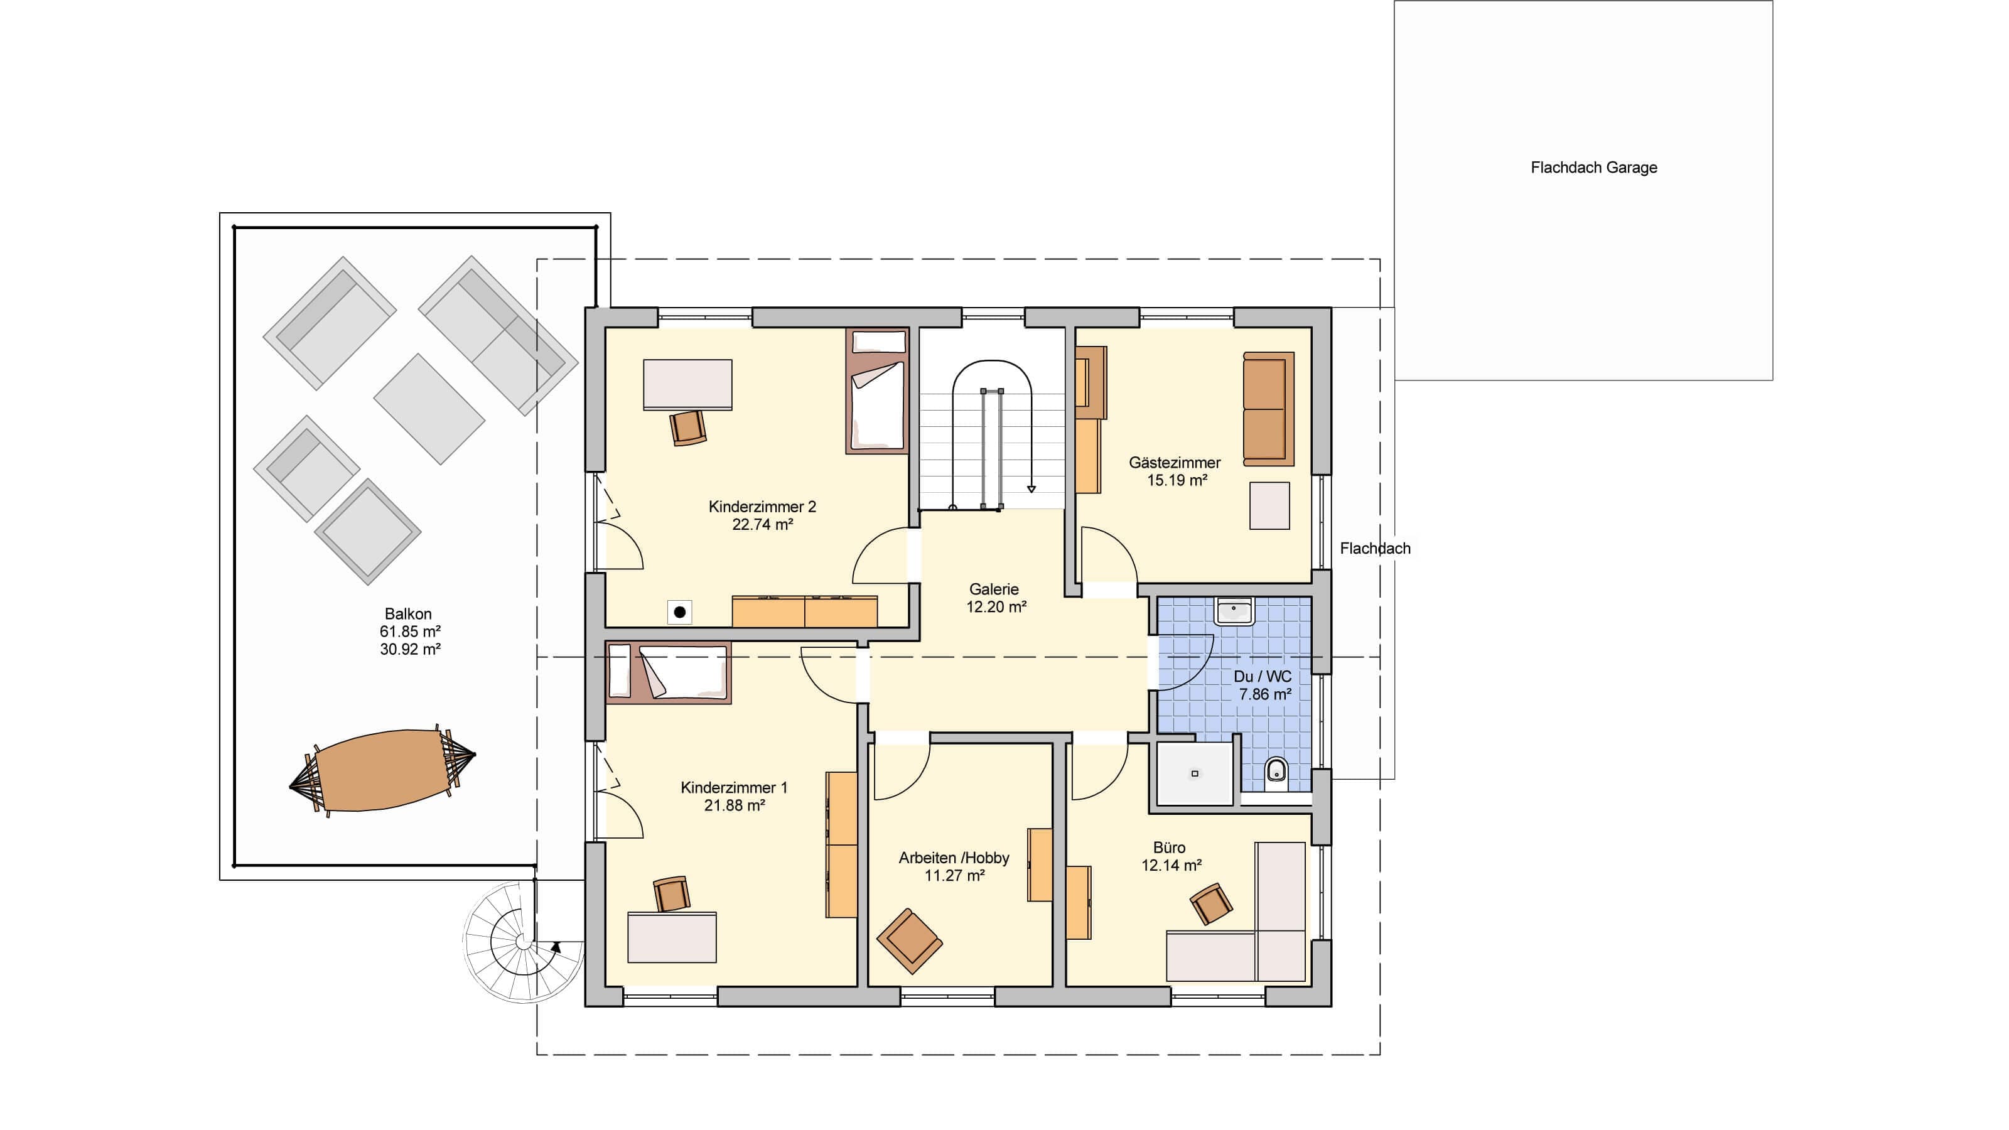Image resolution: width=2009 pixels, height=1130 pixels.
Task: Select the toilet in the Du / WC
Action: point(1276,772)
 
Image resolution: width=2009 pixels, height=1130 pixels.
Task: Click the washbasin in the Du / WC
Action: point(1233,611)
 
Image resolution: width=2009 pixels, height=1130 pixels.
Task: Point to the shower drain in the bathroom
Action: point(1194,773)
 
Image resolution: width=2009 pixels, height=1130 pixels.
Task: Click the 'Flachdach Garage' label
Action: point(1593,168)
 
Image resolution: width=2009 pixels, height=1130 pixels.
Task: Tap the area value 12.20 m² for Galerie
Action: point(996,606)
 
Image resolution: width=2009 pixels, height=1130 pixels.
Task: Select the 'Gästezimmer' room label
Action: point(1175,463)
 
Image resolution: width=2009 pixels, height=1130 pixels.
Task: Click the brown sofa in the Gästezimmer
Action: point(1268,409)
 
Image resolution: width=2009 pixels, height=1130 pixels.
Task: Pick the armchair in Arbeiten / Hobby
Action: point(909,941)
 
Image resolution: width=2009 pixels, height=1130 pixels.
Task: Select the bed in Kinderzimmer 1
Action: point(669,672)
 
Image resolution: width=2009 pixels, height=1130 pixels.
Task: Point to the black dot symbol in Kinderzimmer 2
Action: point(680,612)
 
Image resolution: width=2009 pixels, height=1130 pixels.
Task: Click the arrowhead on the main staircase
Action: point(1031,489)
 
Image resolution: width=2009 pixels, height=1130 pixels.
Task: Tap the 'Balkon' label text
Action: point(408,614)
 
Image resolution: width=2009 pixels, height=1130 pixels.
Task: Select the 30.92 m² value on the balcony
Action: point(410,649)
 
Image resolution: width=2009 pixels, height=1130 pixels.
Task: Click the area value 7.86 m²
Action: point(1265,694)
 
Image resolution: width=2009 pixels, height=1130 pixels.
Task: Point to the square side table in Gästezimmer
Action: point(1269,505)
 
